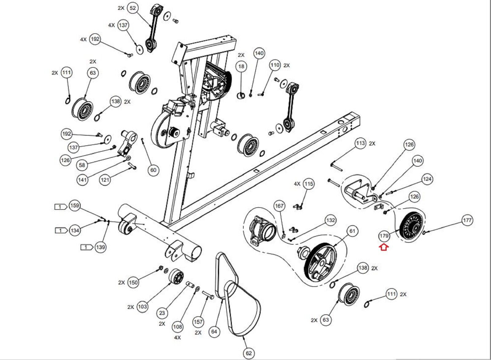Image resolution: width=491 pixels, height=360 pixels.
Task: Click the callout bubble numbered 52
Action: click(x=133, y=8)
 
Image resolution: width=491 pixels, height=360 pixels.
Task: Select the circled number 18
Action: click(x=241, y=66)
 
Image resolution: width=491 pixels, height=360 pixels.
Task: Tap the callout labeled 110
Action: click(x=275, y=65)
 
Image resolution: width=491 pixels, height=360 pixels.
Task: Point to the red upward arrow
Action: click(x=384, y=247)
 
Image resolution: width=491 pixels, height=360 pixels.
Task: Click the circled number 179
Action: click(x=384, y=236)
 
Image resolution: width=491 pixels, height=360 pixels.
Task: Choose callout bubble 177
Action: click(x=467, y=220)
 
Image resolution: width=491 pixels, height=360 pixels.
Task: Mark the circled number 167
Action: click(x=279, y=206)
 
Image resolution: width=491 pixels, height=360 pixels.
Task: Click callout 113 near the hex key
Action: click(x=361, y=143)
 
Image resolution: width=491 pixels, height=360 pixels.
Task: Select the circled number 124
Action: click(x=427, y=179)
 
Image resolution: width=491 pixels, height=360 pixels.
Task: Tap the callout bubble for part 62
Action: click(x=249, y=353)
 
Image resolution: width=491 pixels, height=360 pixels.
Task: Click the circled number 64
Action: click(x=214, y=331)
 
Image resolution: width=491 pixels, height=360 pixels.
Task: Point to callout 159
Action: click(x=75, y=206)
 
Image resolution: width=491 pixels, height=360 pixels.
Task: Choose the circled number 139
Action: click(x=100, y=247)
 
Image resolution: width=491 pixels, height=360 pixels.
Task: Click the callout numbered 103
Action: click(x=142, y=307)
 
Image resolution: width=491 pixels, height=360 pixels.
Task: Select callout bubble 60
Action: click(x=153, y=170)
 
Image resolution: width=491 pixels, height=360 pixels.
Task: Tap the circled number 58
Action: click(x=82, y=165)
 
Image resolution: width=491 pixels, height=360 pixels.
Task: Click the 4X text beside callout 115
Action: click(x=297, y=184)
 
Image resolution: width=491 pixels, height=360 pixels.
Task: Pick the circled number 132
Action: click(x=330, y=220)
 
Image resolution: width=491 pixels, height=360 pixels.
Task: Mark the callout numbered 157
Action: click(x=198, y=322)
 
